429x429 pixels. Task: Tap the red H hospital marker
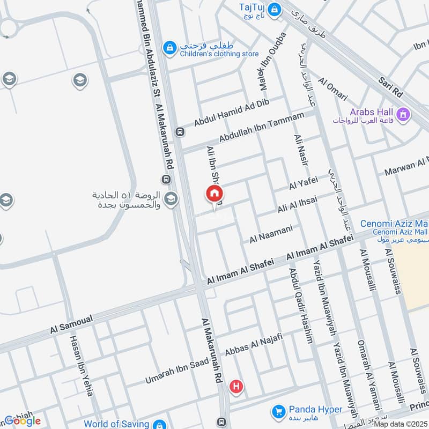235,386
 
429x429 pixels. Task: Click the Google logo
23,421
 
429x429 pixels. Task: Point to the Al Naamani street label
271,234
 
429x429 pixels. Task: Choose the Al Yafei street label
304,184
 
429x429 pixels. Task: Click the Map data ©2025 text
401,424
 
